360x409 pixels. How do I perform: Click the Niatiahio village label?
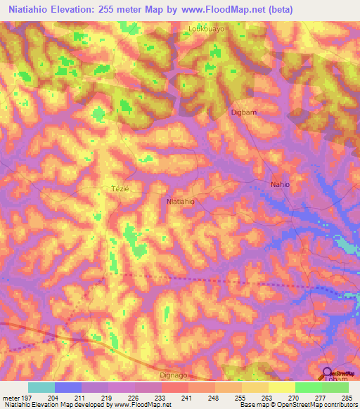(180, 201)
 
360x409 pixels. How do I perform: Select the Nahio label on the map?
(281, 184)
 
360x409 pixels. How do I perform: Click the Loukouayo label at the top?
(206, 30)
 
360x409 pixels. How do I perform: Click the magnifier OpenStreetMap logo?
(328, 374)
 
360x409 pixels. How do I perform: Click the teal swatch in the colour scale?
(41, 387)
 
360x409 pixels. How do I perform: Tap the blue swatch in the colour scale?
(68, 387)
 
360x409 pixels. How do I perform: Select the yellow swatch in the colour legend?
(281, 387)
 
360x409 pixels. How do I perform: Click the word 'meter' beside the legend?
(9, 398)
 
